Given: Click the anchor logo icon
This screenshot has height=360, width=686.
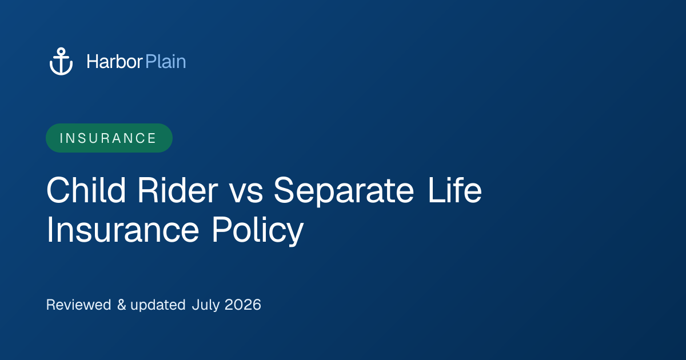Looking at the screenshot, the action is [61, 61].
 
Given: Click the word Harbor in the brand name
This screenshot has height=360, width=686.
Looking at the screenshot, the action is [114, 62].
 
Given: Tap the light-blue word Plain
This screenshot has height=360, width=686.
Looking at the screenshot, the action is [166, 62].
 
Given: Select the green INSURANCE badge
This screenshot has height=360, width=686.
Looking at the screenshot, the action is [109, 138].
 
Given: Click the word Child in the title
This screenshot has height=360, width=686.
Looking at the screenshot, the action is [86, 190].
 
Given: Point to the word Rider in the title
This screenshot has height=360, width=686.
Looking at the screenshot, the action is [178, 190].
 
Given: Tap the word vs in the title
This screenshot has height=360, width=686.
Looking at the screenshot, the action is [246, 194].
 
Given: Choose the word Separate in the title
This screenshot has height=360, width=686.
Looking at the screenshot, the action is [344, 191].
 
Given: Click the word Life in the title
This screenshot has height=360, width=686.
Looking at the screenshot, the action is [455, 190].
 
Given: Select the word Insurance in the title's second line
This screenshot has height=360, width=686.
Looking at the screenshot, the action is [123, 229].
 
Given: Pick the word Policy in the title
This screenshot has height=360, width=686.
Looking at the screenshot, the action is [258, 230].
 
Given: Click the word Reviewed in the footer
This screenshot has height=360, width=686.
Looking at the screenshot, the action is [78, 305].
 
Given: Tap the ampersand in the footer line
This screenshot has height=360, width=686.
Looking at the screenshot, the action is [122, 305].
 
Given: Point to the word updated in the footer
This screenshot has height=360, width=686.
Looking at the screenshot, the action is [158, 305].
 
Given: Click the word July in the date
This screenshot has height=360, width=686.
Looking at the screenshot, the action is [205, 305].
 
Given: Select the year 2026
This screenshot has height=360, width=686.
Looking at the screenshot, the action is [242, 305].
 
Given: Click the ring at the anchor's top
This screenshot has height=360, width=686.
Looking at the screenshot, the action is [61, 51].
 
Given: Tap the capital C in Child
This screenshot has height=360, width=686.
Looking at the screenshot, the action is [58, 190].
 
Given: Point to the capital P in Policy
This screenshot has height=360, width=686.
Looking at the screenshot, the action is [221, 229].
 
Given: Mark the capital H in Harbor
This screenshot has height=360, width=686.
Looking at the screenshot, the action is [92, 62].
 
